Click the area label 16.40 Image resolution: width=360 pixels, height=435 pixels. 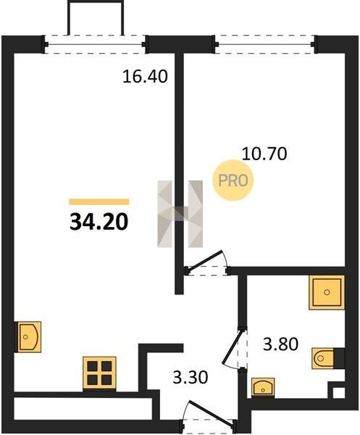[145, 76]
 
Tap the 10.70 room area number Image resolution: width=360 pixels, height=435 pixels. [264, 154]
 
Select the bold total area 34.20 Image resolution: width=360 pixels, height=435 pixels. [99, 223]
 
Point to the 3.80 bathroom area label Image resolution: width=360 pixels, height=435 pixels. [280, 344]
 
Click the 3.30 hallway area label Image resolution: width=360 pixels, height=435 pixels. [190, 378]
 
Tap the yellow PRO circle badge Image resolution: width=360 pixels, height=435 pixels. [233, 181]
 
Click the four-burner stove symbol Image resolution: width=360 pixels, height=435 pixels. [99, 373]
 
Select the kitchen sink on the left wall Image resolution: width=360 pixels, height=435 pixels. [28, 337]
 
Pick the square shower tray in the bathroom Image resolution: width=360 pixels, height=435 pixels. [327, 292]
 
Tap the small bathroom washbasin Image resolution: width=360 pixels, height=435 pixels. [263, 387]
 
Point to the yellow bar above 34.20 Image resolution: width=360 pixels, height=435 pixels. [99, 202]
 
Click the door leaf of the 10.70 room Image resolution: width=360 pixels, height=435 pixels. [204, 260]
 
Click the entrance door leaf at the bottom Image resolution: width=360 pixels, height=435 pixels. [211, 412]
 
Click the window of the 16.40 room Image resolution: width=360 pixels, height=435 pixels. [95, 44]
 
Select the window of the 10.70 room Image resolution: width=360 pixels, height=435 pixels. [266, 44]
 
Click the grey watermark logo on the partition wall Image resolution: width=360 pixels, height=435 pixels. [180, 214]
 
